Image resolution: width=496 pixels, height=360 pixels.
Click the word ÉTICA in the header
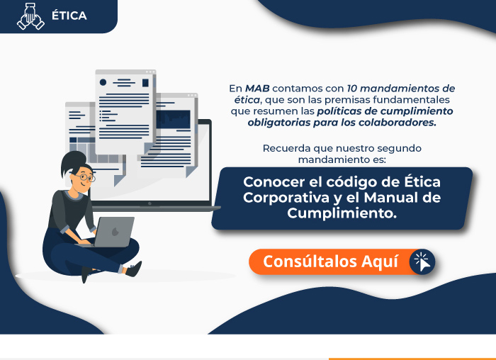(x=69, y=15)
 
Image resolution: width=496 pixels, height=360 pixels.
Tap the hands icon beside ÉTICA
(x=30, y=16)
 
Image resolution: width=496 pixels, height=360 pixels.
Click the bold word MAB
(x=257, y=89)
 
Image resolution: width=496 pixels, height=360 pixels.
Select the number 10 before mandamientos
(x=352, y=89)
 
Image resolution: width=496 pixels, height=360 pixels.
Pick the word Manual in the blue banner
(x=391, y=198)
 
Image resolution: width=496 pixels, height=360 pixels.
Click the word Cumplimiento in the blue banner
(x=342, y=213)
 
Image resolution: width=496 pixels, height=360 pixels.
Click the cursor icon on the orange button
(x=422, y=262)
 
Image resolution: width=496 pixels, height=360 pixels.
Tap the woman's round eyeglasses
(x=86, y=177)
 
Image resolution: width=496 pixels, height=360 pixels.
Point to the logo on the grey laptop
(x=115, y=232)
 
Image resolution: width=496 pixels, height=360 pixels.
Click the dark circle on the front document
(x=103, y=82)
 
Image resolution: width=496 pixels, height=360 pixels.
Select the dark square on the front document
(x=145, y=83)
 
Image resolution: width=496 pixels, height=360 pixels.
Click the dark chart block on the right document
(x=174, y=119)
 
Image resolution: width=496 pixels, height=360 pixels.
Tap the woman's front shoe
(x=134, y=269)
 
